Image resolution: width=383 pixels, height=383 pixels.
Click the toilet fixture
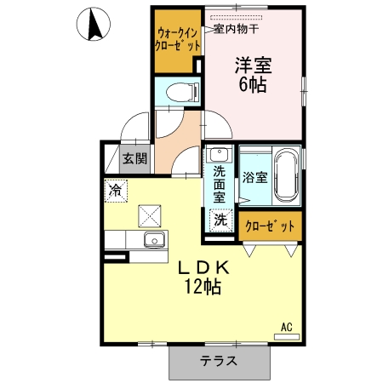(x=178, y=91)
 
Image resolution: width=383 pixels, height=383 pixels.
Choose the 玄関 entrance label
(x=135, y=158)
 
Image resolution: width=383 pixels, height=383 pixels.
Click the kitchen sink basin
(x=153, y=237)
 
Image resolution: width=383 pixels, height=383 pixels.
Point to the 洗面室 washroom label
(x=220, y=184)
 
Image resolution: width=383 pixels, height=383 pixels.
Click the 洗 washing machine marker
(x=220, y=219)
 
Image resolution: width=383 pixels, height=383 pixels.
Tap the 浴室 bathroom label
(x=254, y=178)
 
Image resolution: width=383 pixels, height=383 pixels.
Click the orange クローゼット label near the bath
(x=270, y=226)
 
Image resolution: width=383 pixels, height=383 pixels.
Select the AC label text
(x=287, y=326)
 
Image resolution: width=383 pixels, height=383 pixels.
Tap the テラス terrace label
(x=219, y=361)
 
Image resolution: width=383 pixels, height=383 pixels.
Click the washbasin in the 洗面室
(x=220, y=155)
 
